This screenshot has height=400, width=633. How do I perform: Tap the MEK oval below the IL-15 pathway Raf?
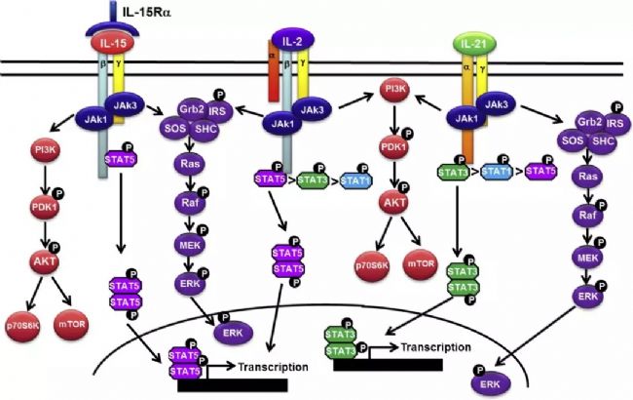tap(187, 243)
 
